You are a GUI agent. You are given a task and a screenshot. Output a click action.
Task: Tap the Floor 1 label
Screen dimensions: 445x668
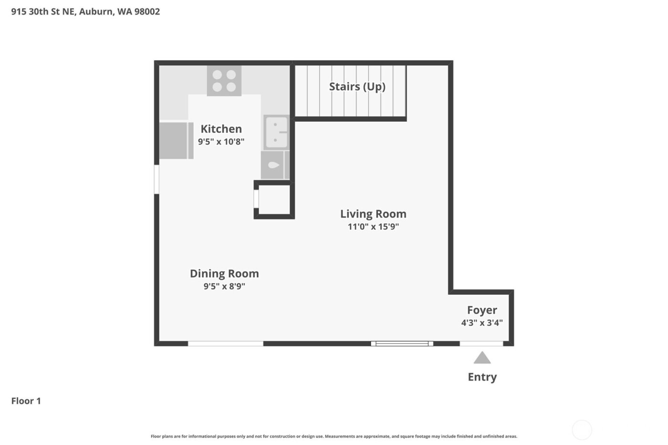[x=26, y=401]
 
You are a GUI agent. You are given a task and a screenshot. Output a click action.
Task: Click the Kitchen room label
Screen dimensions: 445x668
[x=221, y=129]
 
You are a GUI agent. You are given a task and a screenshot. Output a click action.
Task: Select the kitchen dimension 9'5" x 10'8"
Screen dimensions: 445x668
[x=221, y=142]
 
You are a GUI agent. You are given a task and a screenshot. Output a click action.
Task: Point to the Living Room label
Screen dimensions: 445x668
[x=373, y=214]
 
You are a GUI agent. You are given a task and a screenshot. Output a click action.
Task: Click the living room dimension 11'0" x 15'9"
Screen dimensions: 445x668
[x=373, y=227]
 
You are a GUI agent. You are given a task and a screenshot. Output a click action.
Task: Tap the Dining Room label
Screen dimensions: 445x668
[x=224, y=273]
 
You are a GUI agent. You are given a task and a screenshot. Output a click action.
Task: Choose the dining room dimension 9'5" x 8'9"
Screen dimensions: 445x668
[x=224, y=286]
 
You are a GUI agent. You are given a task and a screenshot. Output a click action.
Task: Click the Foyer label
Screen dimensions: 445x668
[x=482, y=310]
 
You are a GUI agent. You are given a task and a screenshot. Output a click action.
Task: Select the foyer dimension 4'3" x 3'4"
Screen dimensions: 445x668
[x=482, y=323]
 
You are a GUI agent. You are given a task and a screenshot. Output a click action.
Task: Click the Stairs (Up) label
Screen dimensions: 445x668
[x=357, y=86]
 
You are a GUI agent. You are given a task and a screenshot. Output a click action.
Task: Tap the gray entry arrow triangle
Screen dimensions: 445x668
[x=482, y=358]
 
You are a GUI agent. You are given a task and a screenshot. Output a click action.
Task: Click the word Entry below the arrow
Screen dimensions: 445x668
[x=482, y=377]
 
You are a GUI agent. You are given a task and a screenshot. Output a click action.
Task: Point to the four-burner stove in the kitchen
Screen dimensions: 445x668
[x=224, y=81]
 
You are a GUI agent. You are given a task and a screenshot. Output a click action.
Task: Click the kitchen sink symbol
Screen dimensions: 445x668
[x=276, y=133]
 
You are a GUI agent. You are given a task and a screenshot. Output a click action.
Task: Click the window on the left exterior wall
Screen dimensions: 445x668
[x=157, y=179]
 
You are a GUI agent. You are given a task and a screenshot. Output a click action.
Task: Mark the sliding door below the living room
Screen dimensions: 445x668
[x=402, y=343]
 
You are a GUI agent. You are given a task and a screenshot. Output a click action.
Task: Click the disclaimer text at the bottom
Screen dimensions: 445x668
[x=334, y=436]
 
